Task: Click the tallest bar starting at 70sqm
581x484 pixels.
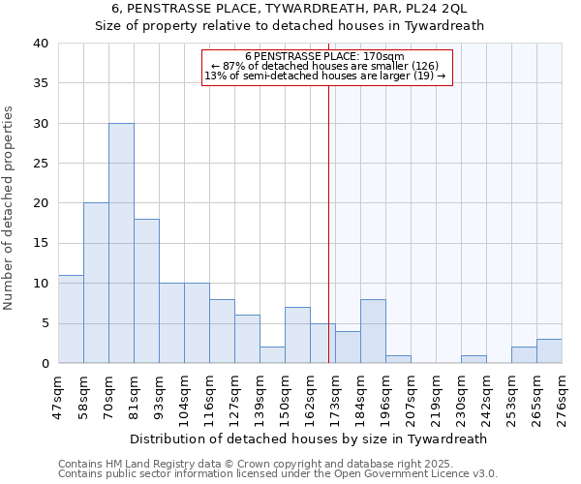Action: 121,243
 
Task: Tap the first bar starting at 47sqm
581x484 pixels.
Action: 71,319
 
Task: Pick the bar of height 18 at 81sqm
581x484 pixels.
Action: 146,291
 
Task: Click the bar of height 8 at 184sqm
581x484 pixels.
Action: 373,331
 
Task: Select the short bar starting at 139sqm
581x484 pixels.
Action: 272,354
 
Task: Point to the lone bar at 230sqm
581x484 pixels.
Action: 474,359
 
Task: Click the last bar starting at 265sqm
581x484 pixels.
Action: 549,351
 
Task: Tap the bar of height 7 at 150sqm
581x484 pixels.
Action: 297,335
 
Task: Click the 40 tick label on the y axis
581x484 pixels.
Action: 40,44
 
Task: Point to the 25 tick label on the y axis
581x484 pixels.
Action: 40,164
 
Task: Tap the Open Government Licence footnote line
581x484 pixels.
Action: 277,473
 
